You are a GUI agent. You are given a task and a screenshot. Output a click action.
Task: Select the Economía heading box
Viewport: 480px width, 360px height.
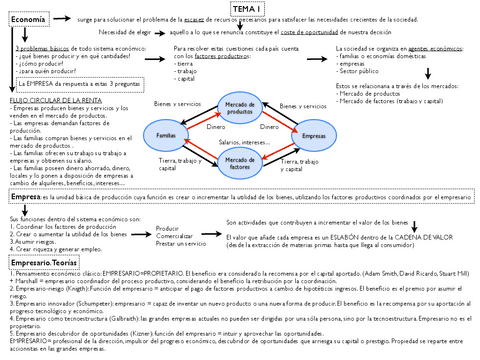pos(28,20)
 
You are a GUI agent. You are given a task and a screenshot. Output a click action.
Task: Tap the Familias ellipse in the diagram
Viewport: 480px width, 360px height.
pos(167,135)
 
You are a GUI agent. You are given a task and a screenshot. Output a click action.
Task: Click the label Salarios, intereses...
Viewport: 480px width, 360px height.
pos(243,144)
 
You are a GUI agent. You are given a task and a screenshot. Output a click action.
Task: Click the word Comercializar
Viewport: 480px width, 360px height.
pos(175,236)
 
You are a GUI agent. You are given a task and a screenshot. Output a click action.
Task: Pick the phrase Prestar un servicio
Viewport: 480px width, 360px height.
pos(181,244)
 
